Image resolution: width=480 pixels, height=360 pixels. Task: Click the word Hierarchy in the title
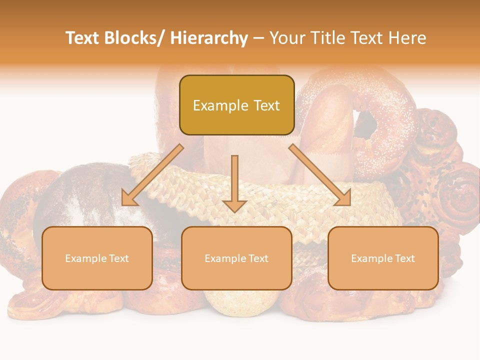click(209, 38)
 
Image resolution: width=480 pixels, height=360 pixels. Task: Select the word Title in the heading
click(327, 38)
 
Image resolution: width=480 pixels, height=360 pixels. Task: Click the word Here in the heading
click(407, 38)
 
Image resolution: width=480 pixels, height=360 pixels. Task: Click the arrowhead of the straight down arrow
click(234, 205)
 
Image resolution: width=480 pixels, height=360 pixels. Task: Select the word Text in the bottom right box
click(405, 258)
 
